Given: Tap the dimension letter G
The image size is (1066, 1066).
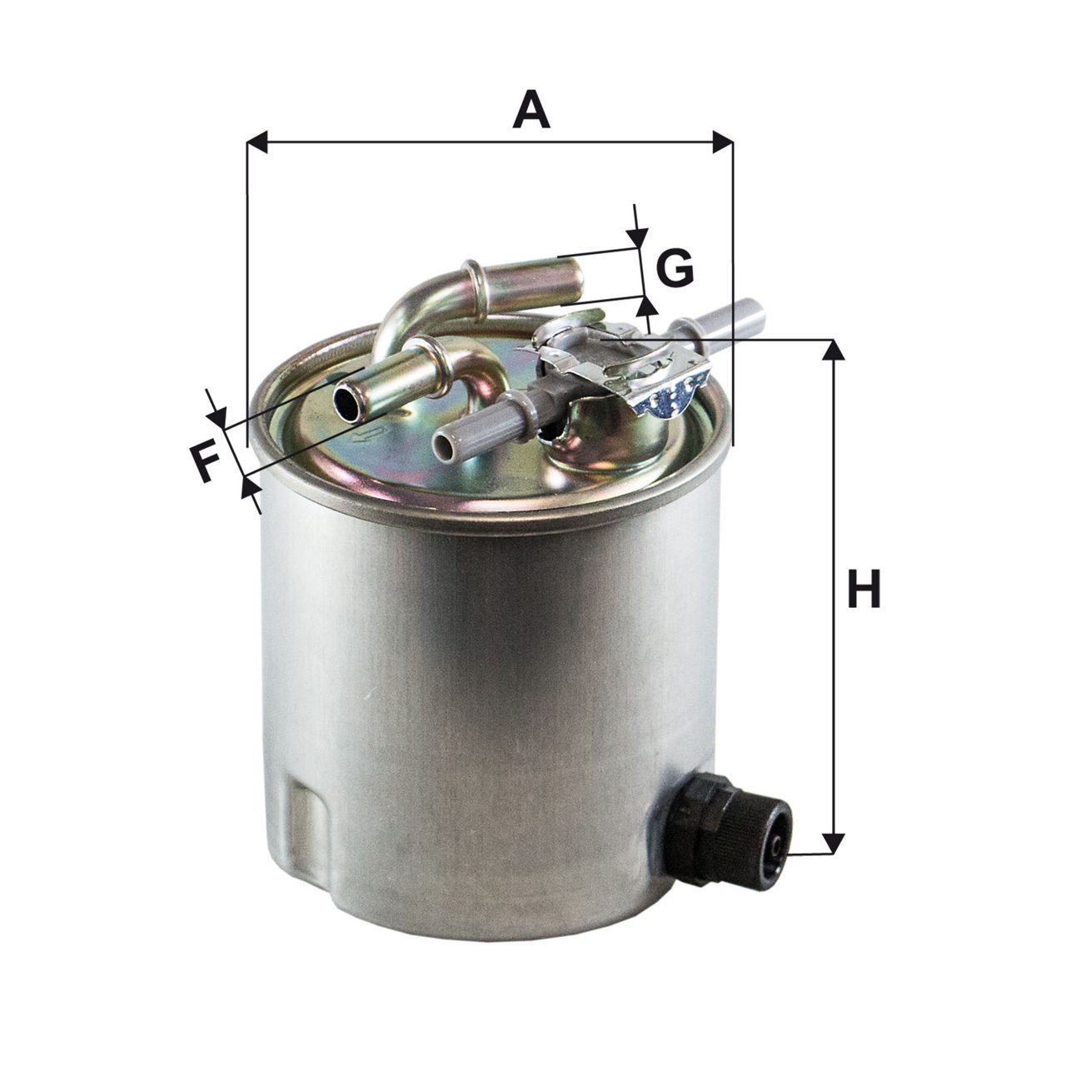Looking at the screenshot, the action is [x=675, y=267].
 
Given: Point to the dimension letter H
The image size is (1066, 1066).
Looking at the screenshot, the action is [x=864, y=588].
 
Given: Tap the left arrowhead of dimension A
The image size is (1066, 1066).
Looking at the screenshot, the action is [x=257, y=142].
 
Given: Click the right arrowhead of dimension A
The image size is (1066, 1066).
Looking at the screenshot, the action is [x=723, y=142].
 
